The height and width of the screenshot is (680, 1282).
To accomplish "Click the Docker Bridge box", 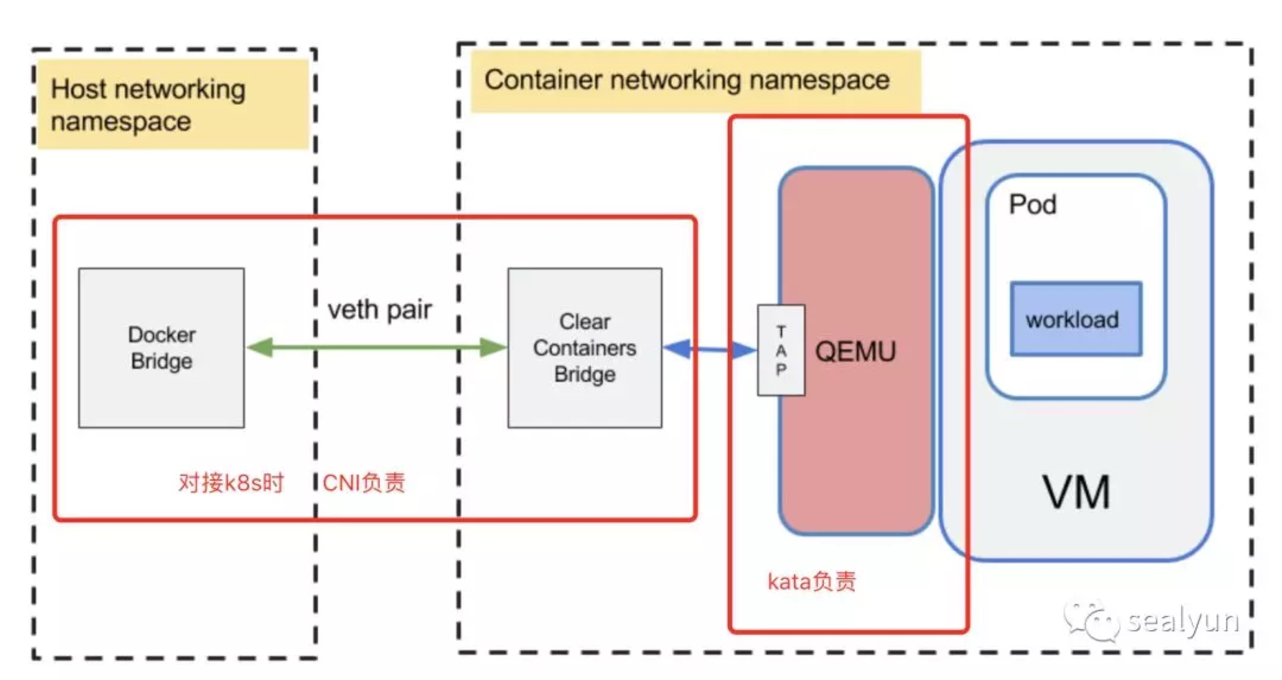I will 161,348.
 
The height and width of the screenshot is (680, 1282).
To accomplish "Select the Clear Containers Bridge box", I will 585,348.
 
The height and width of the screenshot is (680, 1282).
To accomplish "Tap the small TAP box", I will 781,350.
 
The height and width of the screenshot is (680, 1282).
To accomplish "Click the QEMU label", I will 855,352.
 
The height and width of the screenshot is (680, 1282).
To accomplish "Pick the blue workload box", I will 1075,319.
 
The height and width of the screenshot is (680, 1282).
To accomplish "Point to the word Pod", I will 1033,205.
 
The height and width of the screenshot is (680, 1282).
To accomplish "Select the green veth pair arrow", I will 376,347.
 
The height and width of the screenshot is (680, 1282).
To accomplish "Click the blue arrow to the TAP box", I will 710,349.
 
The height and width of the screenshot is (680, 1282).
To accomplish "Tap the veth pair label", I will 380,310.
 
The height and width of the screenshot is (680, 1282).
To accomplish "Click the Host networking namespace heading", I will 148,105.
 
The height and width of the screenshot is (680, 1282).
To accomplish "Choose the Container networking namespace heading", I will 687,80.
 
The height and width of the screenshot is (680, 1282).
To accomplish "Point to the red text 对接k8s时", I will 231,483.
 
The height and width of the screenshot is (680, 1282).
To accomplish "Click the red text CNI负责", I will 364,483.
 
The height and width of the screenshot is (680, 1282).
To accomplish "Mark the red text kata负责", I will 811,582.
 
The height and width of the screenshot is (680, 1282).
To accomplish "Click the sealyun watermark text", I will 1183,621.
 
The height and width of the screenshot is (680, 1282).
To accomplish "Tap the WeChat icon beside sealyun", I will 1091,621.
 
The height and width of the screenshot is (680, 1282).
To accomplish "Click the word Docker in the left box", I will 161,335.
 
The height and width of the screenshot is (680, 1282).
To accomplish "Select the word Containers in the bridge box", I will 585,348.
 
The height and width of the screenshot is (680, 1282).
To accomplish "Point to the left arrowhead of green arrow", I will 260,347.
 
